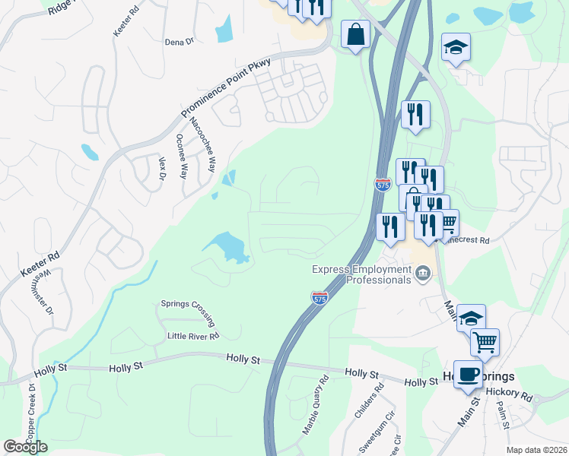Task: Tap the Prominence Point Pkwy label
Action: coord(227,88)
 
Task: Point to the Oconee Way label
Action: coord(182,156)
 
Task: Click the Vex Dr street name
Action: coord(161,169)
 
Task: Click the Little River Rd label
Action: coord(193,335)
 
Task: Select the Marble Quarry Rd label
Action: coord(315,404)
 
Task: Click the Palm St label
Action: coord(503,416)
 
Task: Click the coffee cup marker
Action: coord(468,374)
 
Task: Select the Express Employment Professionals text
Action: coord(361,274)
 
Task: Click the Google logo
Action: coord(25,447)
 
